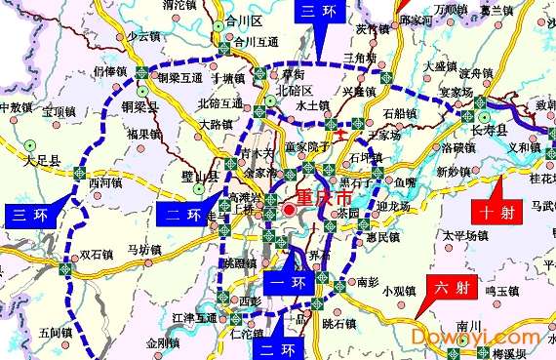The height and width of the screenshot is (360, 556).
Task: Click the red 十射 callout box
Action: (495, 210)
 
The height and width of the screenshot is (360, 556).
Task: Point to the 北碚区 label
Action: (295, 90)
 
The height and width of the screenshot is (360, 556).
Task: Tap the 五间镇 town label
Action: (58, 333)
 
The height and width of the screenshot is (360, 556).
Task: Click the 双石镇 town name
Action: (98, 255)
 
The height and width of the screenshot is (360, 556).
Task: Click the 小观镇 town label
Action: (401, 290)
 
